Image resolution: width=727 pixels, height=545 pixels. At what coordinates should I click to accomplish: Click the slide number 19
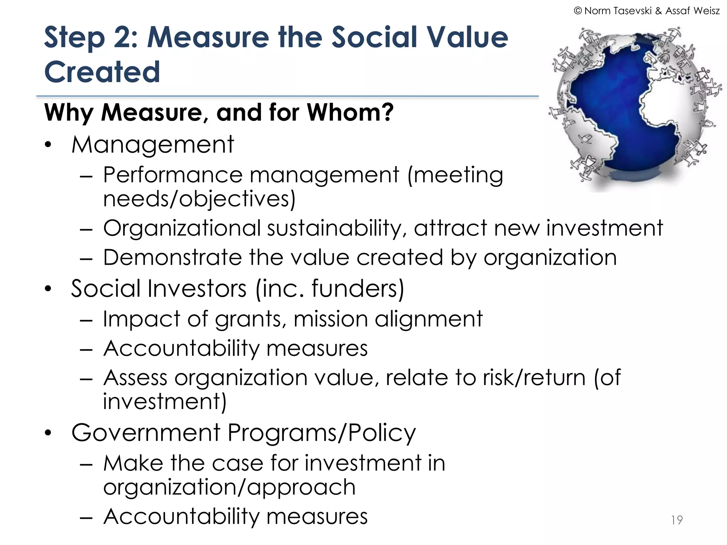[x=677, y=520]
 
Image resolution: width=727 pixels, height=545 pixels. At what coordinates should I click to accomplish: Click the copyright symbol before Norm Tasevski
[x=578, y=11]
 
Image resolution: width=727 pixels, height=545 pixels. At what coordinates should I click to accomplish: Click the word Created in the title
[x=102, y=72]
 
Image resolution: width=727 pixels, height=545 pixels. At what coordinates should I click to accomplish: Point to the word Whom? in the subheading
[x=350, y=112]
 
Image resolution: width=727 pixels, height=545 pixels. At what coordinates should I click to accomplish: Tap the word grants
[x=250, y=319]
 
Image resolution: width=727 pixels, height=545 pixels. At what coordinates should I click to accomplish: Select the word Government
[x=146, y=433]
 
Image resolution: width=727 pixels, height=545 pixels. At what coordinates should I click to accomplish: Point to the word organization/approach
[x=229, y=487]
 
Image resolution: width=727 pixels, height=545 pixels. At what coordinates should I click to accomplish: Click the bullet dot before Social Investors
[x=48, y=288]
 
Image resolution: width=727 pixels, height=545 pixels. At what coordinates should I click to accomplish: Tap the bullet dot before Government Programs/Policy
[x=48, y=433]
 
